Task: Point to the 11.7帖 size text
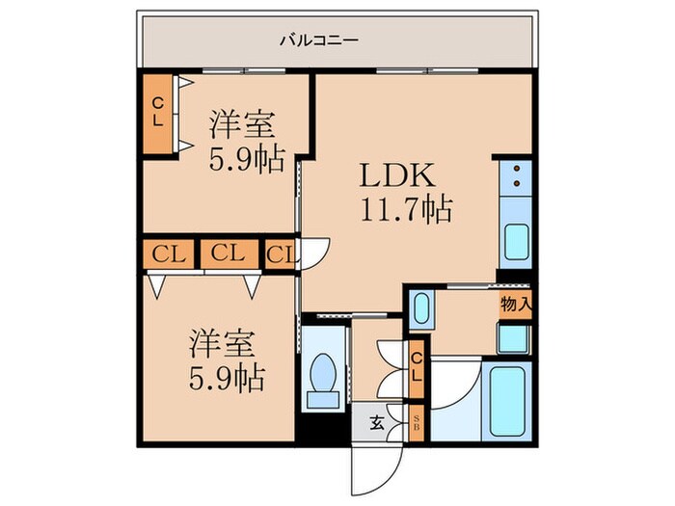coord(406,209)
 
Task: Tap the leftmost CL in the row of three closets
coord(169,254)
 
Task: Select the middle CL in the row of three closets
coord(229,254)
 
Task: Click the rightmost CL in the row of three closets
coord(282,254)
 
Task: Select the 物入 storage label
coord(515,305)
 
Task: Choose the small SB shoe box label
coord(417,421)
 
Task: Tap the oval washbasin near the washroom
coord(420,310)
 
